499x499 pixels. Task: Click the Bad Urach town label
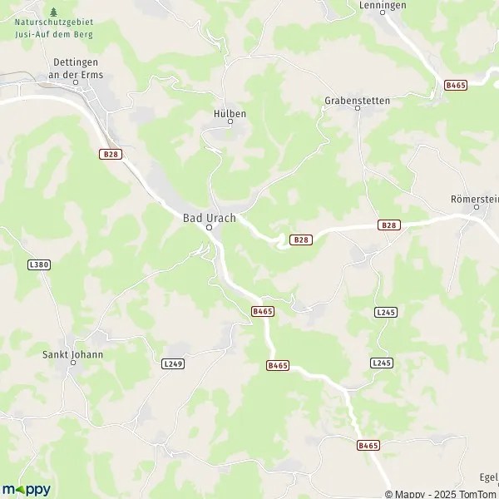(210, 218)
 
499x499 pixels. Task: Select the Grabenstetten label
(357, 101)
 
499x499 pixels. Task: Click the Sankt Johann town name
(73, 354)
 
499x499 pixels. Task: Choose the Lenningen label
(383, 5)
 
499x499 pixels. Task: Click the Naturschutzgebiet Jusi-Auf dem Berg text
(54, 29)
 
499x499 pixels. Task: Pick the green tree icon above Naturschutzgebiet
(54, 12)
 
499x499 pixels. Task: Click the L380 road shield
(38, 264)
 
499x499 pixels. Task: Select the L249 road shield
(173, 363)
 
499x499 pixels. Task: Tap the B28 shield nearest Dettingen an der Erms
(109, 154)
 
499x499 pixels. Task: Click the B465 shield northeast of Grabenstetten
(454, 86)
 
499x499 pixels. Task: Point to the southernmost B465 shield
(368, 446)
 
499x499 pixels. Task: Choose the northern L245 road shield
(385, 312)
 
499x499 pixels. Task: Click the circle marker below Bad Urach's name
(210, 227)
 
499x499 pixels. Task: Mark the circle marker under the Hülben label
(230, 122)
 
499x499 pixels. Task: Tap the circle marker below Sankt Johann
(73, 363)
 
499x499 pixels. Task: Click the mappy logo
(27, 489)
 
